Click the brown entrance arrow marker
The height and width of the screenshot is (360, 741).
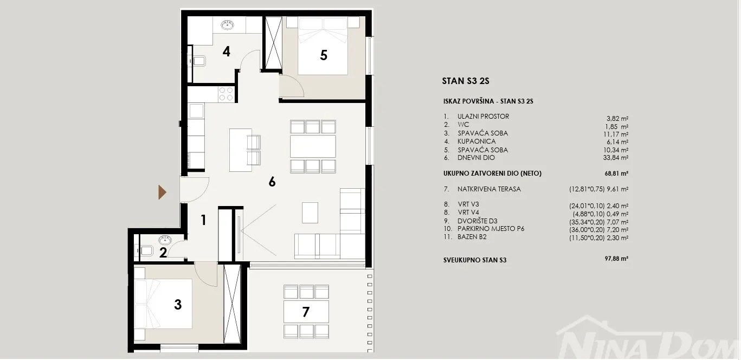point(162,192)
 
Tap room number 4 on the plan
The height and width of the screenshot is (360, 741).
point(226,52)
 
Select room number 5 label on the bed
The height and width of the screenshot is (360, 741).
point(324,55)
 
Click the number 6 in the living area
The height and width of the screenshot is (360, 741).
point(272,182)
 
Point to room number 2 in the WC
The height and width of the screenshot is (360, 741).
point(163,253)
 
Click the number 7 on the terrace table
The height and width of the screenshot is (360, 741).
point(306,312)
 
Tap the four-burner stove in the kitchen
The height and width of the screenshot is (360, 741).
point(226,94)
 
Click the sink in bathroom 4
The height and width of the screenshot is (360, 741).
point(227,24)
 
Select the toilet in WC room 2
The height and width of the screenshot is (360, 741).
point(146,250)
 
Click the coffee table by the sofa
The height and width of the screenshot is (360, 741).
point(310,213)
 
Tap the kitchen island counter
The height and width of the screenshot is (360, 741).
point(241,150)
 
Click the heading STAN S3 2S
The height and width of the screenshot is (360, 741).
point(466,81)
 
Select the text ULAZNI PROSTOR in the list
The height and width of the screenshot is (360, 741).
point(484,117)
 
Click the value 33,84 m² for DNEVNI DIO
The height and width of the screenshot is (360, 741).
point(616,158)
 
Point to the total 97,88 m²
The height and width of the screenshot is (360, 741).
point(616,259)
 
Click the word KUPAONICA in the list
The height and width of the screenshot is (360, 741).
point(476,142)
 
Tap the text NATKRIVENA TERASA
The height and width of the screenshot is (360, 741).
point(489,189)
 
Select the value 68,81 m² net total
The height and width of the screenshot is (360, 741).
point(616,173)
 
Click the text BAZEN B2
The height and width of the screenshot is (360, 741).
point(472,237)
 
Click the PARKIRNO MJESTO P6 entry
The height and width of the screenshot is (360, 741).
point(491,229)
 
